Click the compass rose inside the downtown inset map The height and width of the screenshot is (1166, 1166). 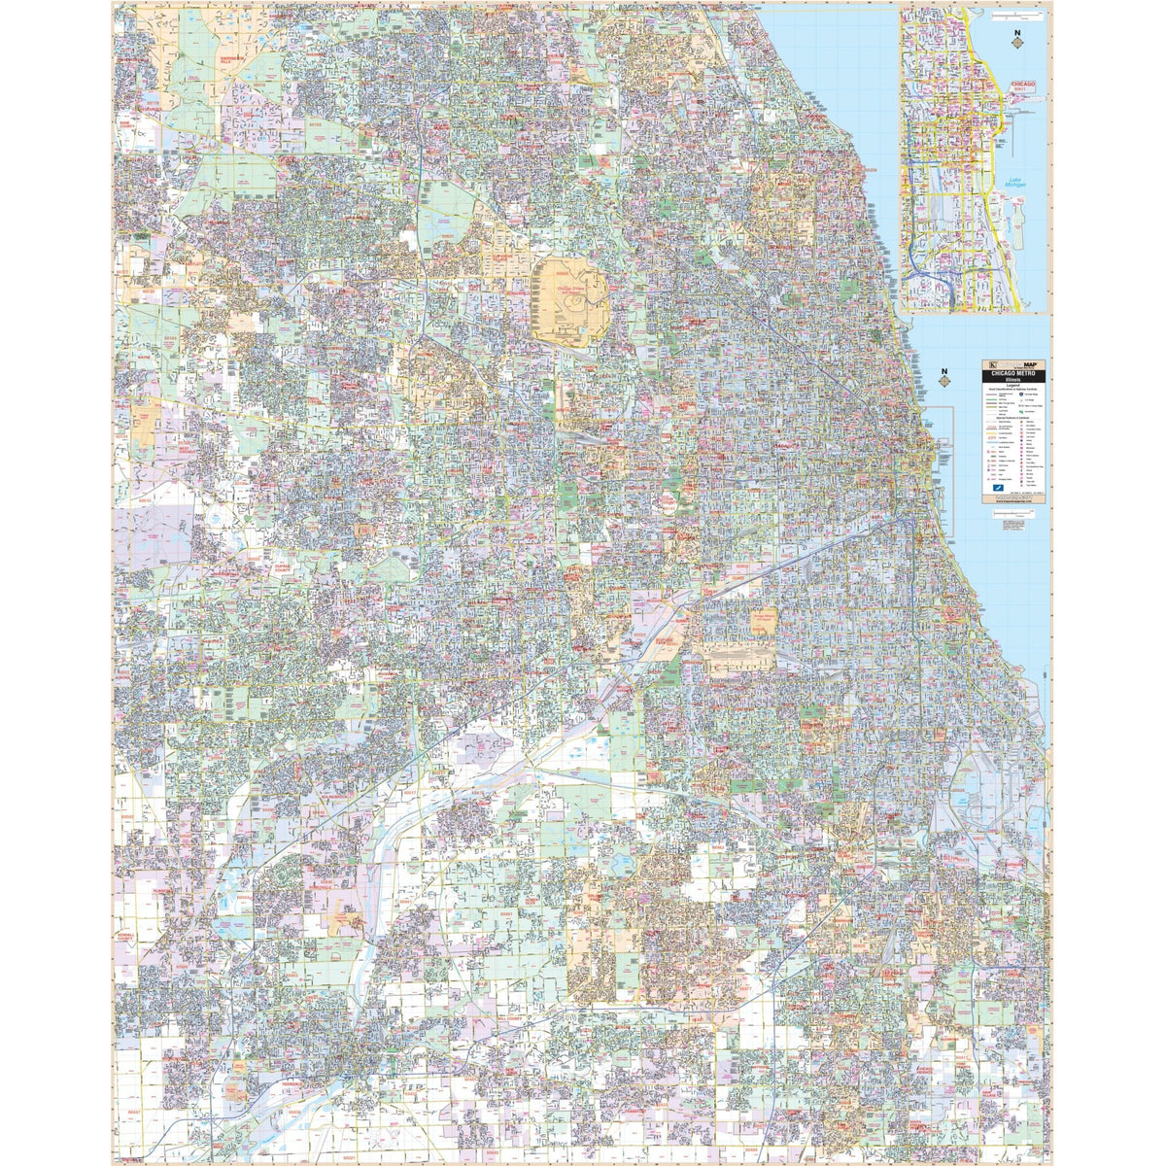point(1017,43)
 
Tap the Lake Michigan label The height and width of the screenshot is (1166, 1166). point(1017,183)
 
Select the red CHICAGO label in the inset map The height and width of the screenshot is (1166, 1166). point(1023,85)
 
